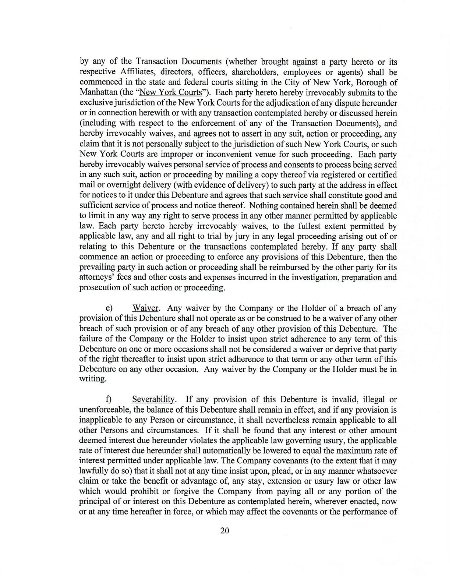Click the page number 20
click(225, 531)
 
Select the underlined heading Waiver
click(145, 308)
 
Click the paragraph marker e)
click(109, 309)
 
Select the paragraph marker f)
click(109, 399)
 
